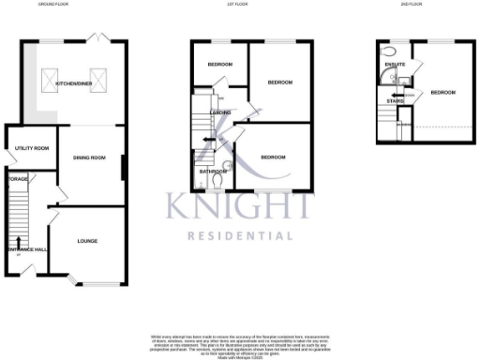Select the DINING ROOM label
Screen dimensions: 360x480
(x=90, y=157)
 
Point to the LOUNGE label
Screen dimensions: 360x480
(x=87, y=240)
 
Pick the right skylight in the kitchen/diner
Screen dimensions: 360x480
(x=97, y=78)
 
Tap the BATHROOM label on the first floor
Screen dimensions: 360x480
(x=213, y=172)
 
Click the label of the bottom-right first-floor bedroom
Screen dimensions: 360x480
(x=274, y=157)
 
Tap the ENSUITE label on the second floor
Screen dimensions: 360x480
(x=395, y=64)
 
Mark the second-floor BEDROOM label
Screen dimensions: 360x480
(x=443, y=92)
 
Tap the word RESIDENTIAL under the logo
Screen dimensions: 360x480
(x=241, y=235)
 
